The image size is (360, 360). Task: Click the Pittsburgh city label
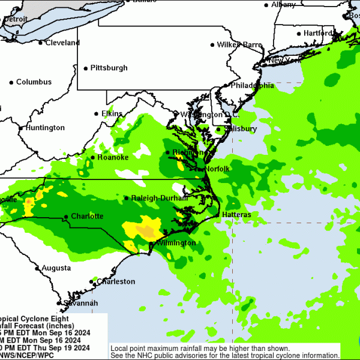click(109, 68)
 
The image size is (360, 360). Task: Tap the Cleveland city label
click(62, 43)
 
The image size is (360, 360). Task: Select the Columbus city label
click(34, 82)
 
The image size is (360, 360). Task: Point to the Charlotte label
click(87, 216)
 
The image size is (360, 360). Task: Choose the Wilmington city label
click(176, 243)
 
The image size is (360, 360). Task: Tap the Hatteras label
click(236, 214)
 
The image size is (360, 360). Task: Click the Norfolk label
click(217, 169)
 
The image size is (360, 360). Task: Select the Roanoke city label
click(113, 157)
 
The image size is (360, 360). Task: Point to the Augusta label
click(56, 268)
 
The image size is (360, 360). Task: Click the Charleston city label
click(116, 281)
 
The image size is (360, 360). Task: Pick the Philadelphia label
click(253, 86)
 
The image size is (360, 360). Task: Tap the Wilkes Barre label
click(240, 45)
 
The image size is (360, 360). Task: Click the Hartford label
click(319, 33)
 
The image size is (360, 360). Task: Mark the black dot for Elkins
click(96, 113)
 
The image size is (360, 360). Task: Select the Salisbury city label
click(240, 129)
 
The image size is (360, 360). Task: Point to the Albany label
click(283, 4)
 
